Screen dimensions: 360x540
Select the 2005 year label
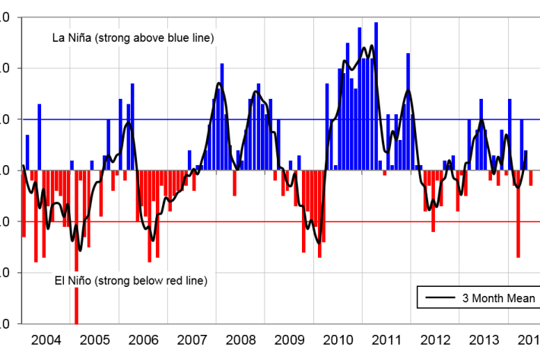94,339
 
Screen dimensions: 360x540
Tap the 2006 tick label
144,339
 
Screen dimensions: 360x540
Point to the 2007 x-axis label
192,339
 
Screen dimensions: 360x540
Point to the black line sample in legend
439,298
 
